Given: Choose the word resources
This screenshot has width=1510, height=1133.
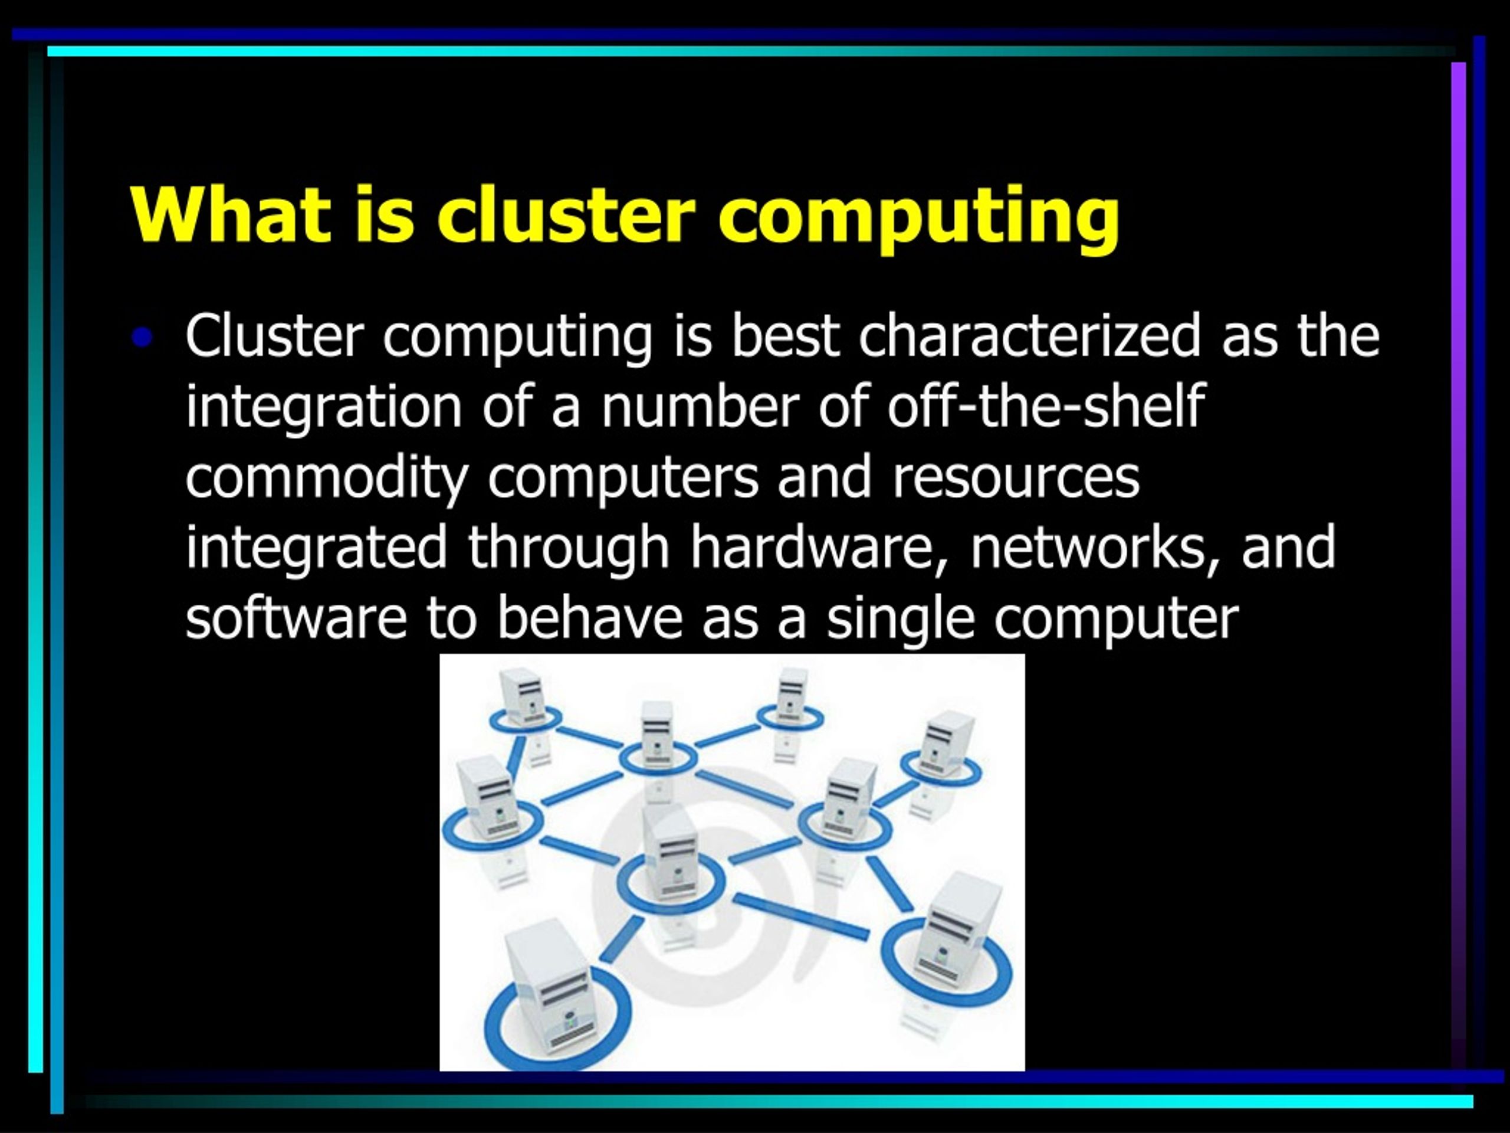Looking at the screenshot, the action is tap(1016, 479).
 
